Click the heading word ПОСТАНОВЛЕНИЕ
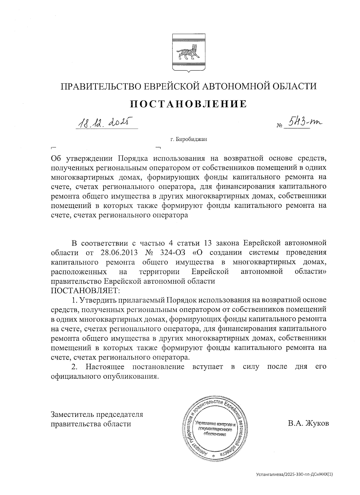point(188,104)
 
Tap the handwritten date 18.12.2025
point(104,122)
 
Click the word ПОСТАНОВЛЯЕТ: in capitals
point(85,291)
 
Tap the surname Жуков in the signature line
point(318,423)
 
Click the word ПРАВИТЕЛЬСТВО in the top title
point(99,86)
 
